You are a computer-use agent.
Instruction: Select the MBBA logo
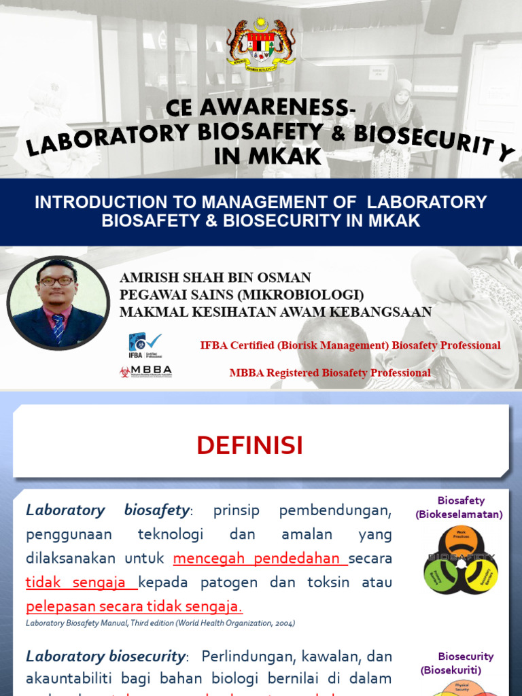point(145,372)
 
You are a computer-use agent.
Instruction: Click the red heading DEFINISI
point(249,446)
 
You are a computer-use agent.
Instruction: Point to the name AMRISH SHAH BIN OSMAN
point(215,277)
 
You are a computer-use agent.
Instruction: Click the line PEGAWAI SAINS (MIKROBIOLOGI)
point(241,295)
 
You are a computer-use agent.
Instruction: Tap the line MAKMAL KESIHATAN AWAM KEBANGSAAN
point(275,312)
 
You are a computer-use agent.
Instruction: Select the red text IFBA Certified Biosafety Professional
point(350,345)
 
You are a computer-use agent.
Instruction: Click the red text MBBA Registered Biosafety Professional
point(330,372)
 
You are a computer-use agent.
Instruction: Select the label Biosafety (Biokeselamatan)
point(459,508)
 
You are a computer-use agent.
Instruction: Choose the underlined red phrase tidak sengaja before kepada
point(80,582)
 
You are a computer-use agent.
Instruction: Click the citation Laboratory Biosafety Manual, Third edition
point(160,623)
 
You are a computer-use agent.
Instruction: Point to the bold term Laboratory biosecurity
point(105,657)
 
